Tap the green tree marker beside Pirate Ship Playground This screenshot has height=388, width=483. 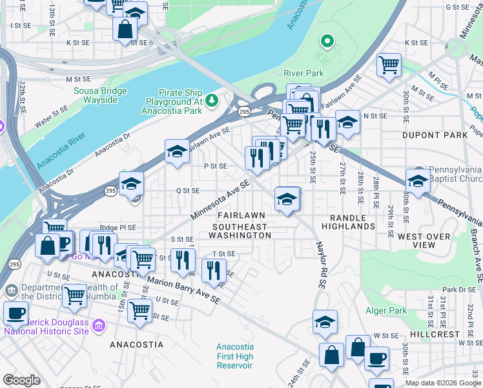pyautogui.click(x=211, y=101)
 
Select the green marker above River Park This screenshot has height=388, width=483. pyautogui.click(x=327, y=43)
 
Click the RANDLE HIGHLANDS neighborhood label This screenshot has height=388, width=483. pyautogui.click(x=352, y=222)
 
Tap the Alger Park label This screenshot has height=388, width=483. pyautogui.click(x=386, y=311)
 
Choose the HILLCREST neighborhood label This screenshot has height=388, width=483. pyautogui.click(x=435, y=334)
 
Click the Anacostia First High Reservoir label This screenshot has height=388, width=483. pyautogui.click(x=234, y=356)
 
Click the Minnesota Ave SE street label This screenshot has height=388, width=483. pyautogui.click(x=220, y=200)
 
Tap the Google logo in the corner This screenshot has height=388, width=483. pyautogui.click(x=21, y=380)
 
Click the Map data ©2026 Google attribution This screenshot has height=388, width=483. pyautogui.click(x=443, y=383)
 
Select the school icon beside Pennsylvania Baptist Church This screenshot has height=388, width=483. pyautogui.click(x=418, y=181)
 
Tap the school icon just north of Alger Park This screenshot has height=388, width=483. pyautogui.click(x=325, y=322)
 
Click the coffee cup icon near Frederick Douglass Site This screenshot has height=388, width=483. pyautogui.click(x=15, y=313)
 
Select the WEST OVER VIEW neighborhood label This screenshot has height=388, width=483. pyautogui.click(x=424, y=241)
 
